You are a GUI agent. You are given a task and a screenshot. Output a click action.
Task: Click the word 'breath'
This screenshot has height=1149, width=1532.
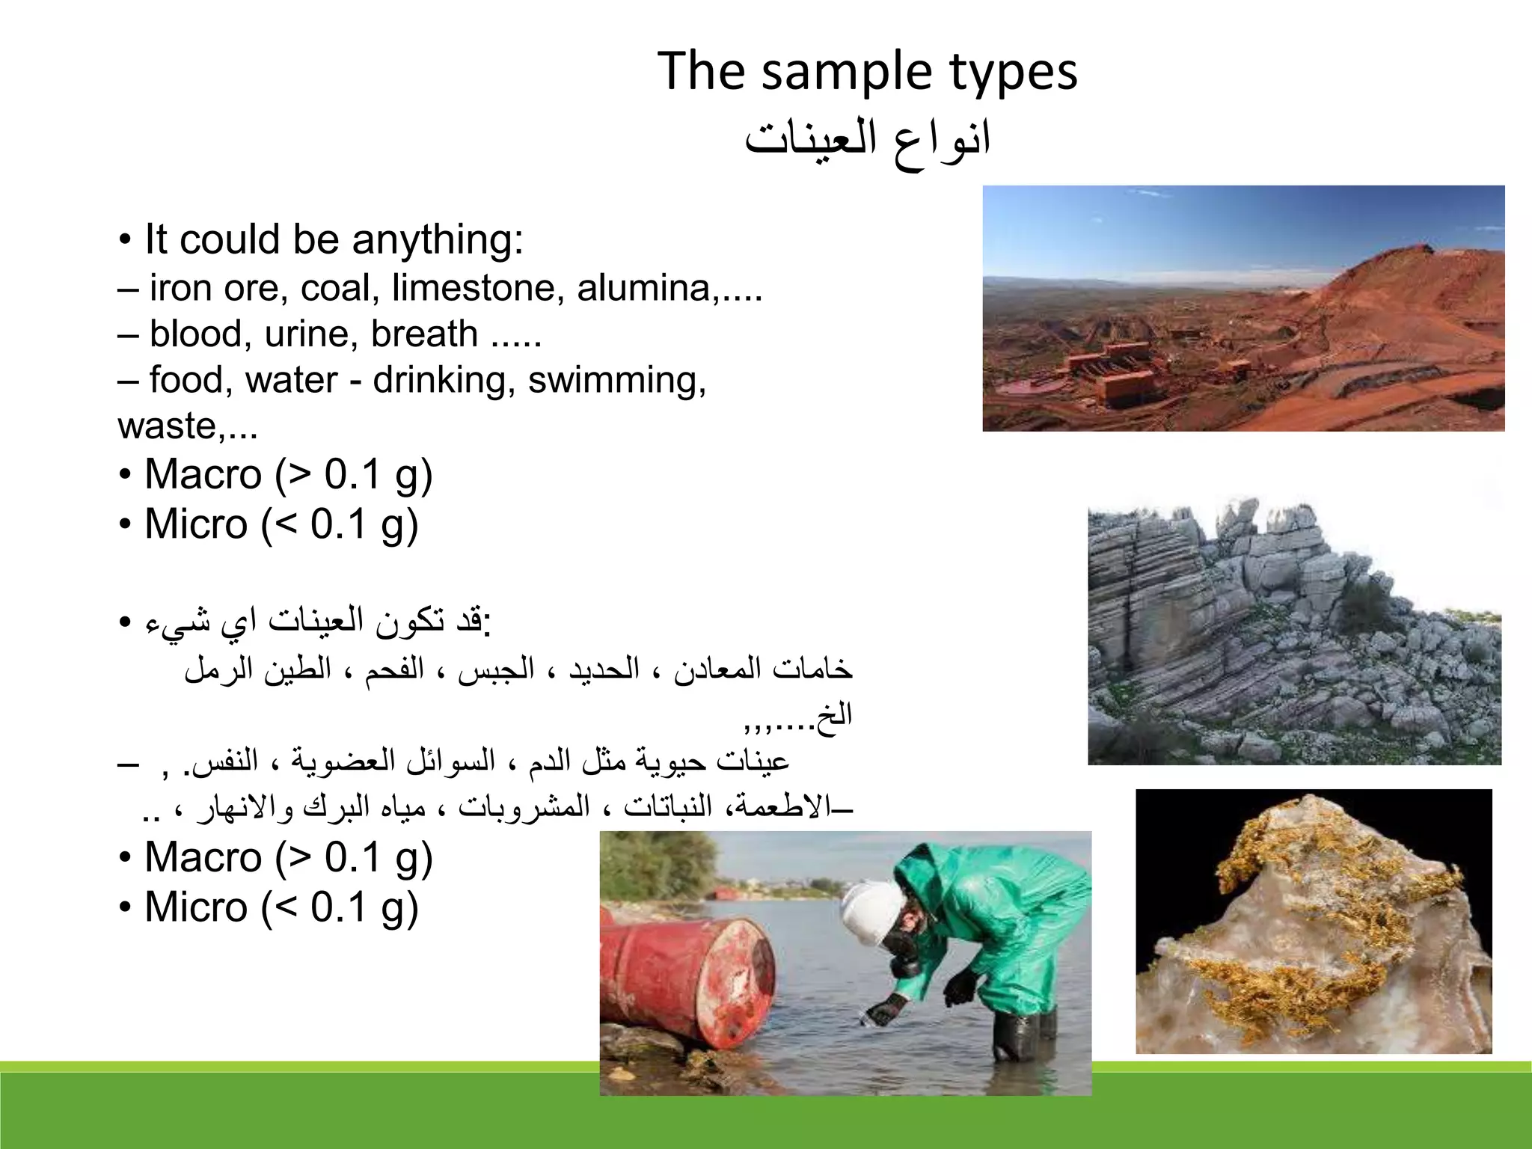(x=423, y=334)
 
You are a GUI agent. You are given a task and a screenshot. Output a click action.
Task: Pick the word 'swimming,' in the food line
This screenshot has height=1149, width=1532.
(x=616, y=380)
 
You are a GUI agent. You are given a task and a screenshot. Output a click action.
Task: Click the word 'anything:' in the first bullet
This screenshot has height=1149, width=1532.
(x=437, y=240)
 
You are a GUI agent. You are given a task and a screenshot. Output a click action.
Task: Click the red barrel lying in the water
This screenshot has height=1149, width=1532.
(x=684, y=972)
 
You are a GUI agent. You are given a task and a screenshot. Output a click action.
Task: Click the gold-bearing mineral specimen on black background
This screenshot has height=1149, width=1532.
(x=1313, y=922)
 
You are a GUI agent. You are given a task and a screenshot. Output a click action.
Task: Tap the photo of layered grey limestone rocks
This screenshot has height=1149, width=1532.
(x=1293, y=632)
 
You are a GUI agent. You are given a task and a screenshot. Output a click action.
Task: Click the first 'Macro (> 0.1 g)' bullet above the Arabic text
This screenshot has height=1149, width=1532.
(x=288, y=475)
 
